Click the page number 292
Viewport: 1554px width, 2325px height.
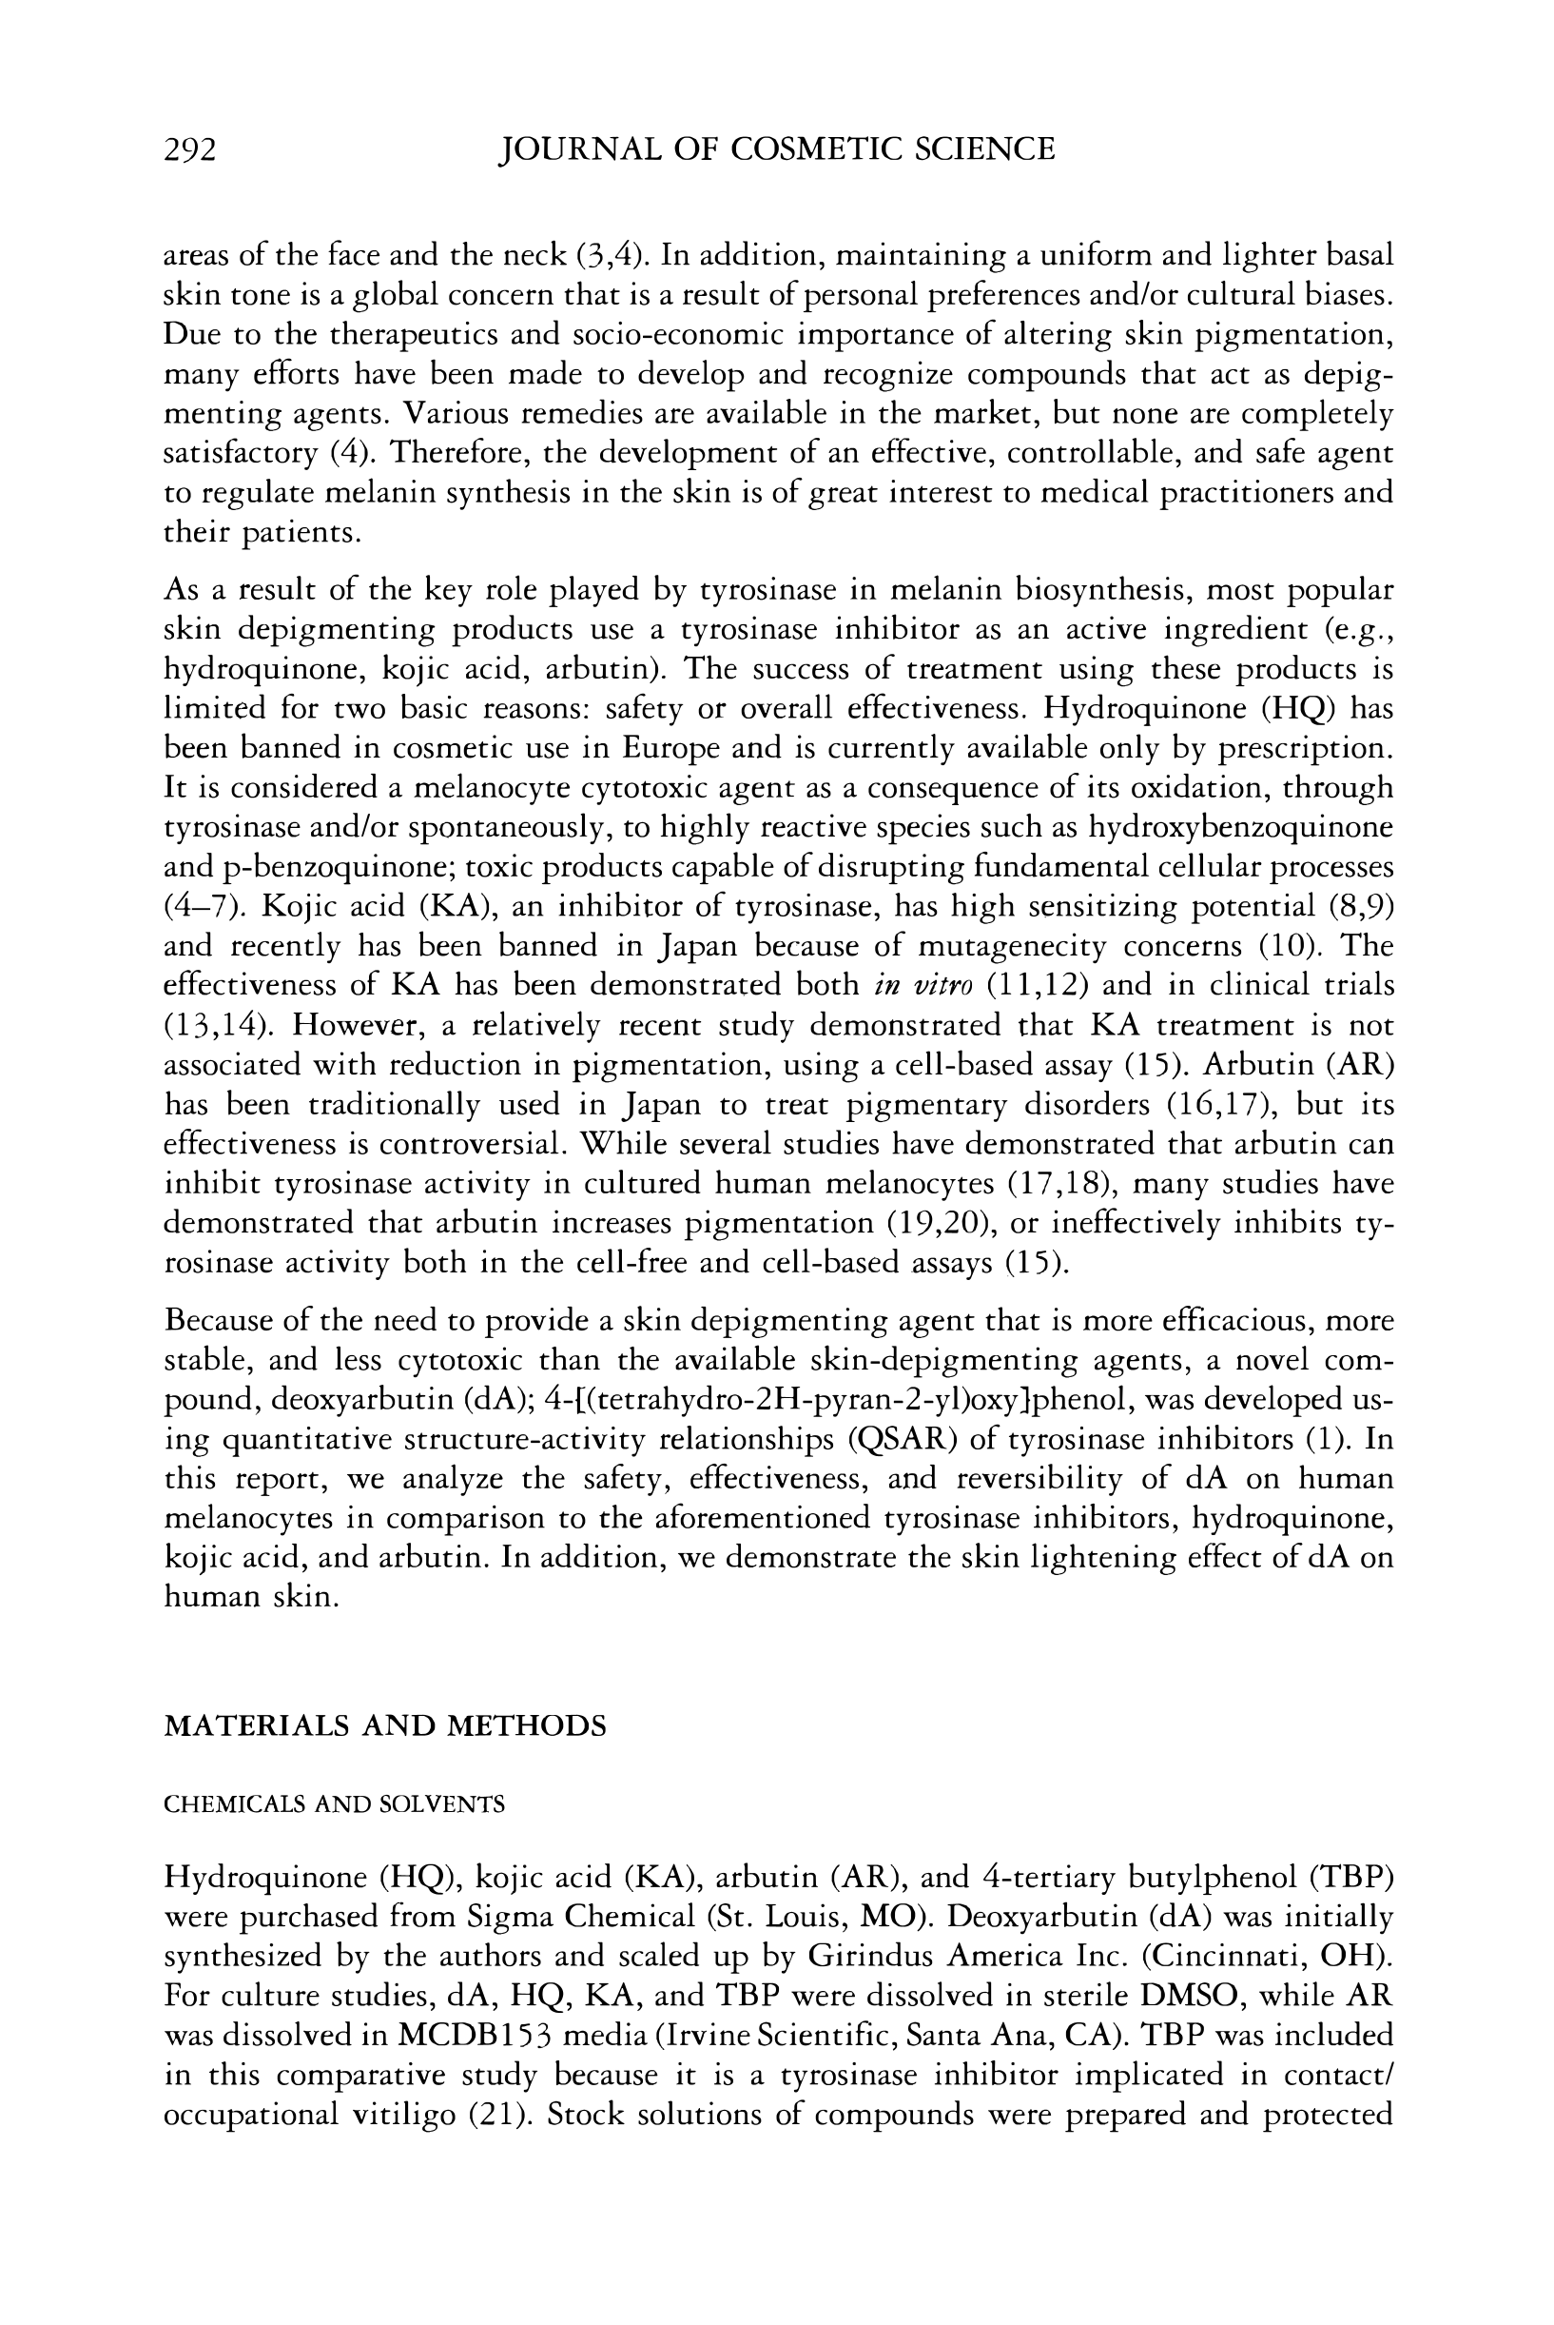(189, 149)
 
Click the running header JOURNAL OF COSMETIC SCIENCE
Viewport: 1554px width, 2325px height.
(777, 149)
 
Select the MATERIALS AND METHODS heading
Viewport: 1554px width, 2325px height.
(384, 1726)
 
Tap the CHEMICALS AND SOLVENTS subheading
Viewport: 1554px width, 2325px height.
(334, 1804)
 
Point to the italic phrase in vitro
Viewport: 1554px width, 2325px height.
(924, 986)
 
